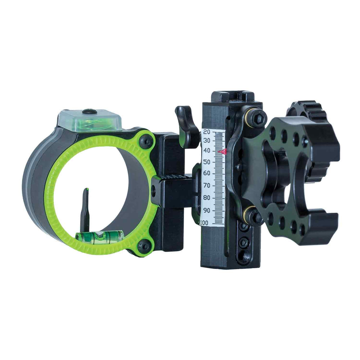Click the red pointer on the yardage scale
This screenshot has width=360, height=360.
click(222, 152)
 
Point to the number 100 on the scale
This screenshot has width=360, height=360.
click(204, 222)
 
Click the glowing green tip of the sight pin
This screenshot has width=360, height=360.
click(87, 190)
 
